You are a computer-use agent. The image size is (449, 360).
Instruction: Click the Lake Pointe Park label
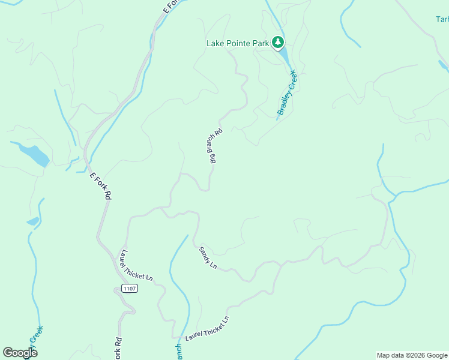click(x=238, y=43)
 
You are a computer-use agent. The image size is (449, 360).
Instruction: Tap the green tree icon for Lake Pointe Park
click(x=277, y=42)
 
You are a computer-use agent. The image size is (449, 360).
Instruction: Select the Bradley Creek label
click(x=287, y=92)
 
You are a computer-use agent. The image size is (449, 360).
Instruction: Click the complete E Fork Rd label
click(x=100, y=186)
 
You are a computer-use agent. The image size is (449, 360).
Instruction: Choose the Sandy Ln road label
click(x=208, y=257)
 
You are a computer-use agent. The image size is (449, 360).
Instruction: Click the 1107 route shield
click(x=130, y=289)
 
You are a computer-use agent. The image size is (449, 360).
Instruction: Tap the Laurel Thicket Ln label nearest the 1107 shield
click(x=137, y=265)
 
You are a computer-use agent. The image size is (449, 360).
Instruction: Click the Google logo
click(x=20, y=353)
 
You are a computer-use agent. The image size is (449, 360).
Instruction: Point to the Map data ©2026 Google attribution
click(x=411, y=355)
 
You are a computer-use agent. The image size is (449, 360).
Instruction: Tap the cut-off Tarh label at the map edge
click(x=442, y=19)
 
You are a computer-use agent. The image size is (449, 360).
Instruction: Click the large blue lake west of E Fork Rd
click(x=34, y=154)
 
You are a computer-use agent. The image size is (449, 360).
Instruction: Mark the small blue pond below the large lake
click(x=33, y=221)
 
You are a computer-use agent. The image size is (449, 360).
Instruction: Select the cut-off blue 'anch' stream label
click(x=178, y=352)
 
